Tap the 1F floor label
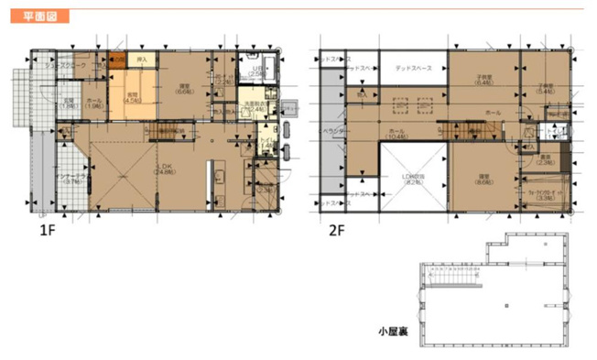49,232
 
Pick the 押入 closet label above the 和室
142,60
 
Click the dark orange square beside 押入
118,60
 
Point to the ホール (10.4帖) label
396,136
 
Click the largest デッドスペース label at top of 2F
414,69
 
